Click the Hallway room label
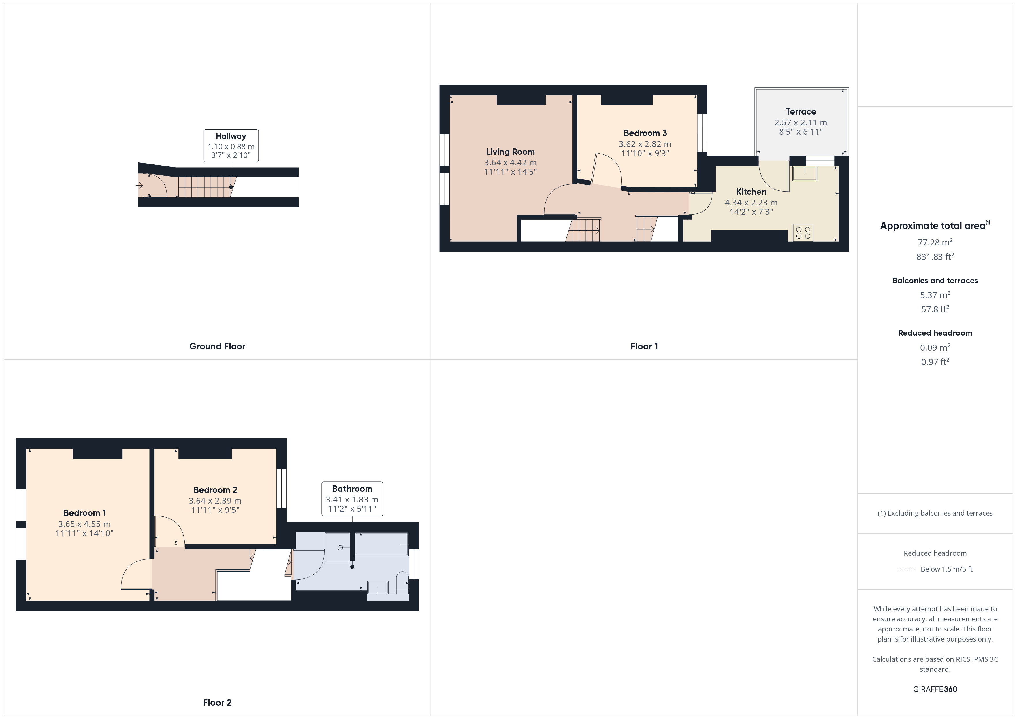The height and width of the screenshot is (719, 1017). coord(231,136)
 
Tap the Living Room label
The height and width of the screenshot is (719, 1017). coord(510,152)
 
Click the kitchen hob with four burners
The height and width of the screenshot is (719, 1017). coord(803,233)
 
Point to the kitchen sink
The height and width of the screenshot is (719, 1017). coord(804,173)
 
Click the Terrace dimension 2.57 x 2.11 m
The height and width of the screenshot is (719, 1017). coord(801,123)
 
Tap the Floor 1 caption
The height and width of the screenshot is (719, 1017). coord(644,346)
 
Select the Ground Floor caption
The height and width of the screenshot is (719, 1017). coord(217,346)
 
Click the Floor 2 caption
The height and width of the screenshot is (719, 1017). coord(217,703)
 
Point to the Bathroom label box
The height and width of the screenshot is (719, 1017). coord(352,499)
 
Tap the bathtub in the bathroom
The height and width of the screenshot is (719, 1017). coord(381,544)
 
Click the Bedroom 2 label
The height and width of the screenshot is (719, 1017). coord(215,490)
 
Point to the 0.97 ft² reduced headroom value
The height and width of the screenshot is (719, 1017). coord(935,362)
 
